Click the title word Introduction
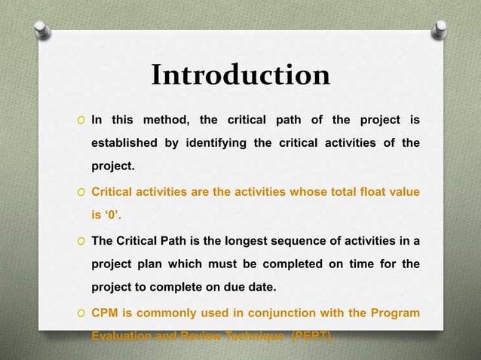click(x=240, y=75)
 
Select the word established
click(x=124, y=143)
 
